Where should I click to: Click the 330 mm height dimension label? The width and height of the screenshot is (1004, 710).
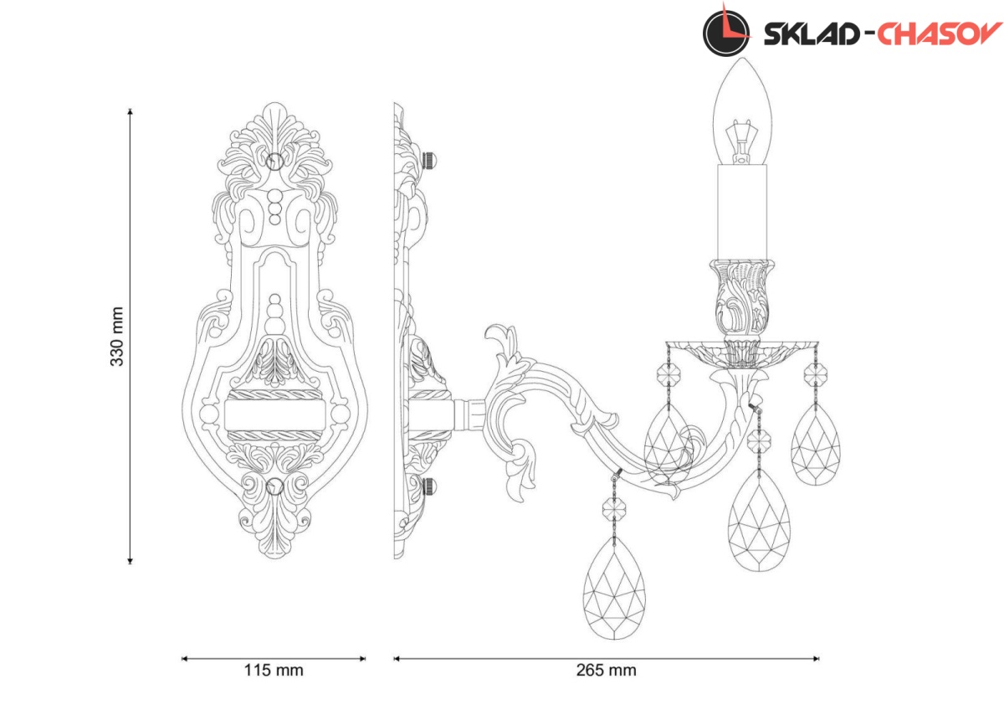click(117, 337)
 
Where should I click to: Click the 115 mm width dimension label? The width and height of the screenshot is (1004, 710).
click(274, 671)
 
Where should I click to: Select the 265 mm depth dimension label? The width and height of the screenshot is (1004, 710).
click(606, 671)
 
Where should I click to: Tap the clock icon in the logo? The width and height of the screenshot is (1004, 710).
click(726, 31)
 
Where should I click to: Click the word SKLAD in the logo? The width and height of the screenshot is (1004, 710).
click(812, 34)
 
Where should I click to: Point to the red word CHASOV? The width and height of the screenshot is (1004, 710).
click(939, 34)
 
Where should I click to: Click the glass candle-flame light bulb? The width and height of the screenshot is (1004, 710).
click(743, 111)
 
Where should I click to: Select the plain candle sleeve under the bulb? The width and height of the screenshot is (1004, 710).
click(742, 212)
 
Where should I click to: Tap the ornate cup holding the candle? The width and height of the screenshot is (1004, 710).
click(742, 297)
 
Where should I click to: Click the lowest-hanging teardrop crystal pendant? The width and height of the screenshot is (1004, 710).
click(614, 588)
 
